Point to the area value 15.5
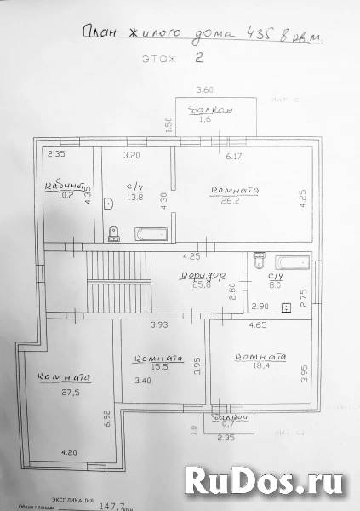tap(157, 367)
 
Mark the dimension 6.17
tap(234, 157)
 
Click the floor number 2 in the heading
tap(200, 58)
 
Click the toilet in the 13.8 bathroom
tap(114, 232)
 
